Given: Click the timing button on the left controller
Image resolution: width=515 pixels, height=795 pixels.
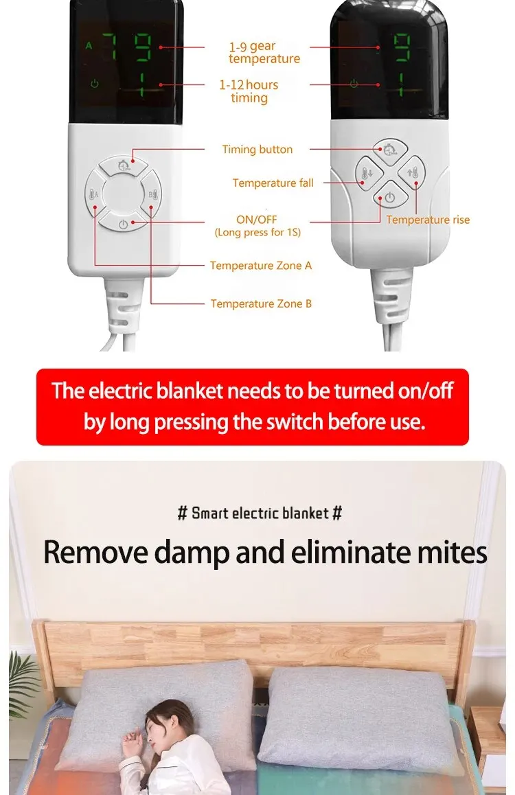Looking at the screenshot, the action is tap(123, 165).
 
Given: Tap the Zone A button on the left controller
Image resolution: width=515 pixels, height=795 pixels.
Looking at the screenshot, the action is tap(94, 194).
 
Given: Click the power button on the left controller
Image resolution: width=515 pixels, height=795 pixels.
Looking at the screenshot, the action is tap(123, 223).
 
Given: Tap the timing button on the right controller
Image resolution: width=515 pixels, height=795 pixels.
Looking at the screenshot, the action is tap(389, 148).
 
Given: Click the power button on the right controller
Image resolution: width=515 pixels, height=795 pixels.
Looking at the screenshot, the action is tap(389, 197).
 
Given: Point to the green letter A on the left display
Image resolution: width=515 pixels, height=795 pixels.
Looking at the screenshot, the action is tap(89, 46).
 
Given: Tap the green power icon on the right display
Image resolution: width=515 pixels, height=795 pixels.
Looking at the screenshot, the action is tap(354, 84).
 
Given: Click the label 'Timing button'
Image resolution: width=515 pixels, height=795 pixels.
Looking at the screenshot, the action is tap(257, 150).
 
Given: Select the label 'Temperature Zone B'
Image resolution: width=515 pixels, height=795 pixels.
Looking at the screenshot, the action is tap(261, 303).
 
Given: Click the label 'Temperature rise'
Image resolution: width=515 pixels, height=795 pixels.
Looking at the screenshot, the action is tap(428, 220).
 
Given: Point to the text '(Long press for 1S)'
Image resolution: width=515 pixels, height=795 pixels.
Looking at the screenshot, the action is tap(257, 232).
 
